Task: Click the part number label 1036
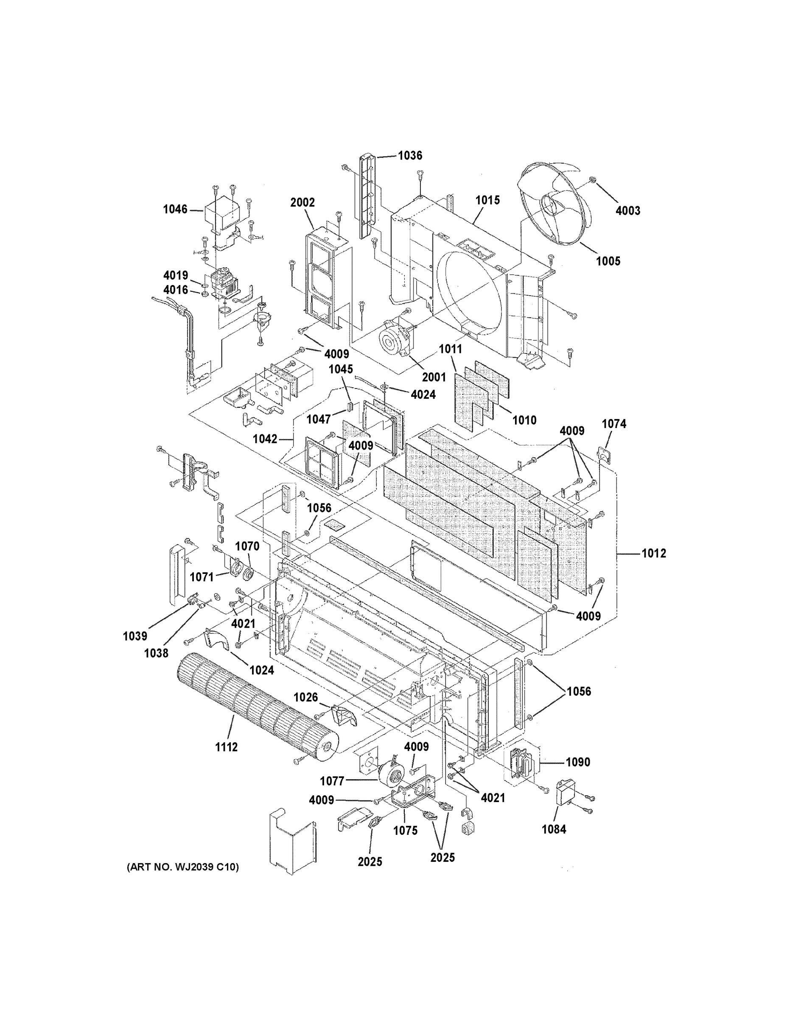pyautogui.click(x=410, y=155)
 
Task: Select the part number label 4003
pyautogui.click(x=627, y=211)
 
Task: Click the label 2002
pyautogui.click(x=302, y=202)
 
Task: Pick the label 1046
pyautogui.click(x=175, y=209)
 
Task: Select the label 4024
pyautogui.click(x=423, y=394)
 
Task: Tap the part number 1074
pyautogui.click(x=613, y=424)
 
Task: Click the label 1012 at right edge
pyautogui.click(x=654, y=553)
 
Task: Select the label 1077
pyautogui.click(x=332, y=781)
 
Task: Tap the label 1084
pyautogui.click(x=554, y=829)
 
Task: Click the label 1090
pyautogui.click(x=578, y=762)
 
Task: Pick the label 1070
pyautogui.click(x=247, y=546)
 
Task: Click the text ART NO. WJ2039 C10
pyautogui.click(x=183, y=867)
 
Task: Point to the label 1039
pyautogui.click(x=135, y=636)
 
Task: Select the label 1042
pyautogui.click(x=265, y=439)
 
